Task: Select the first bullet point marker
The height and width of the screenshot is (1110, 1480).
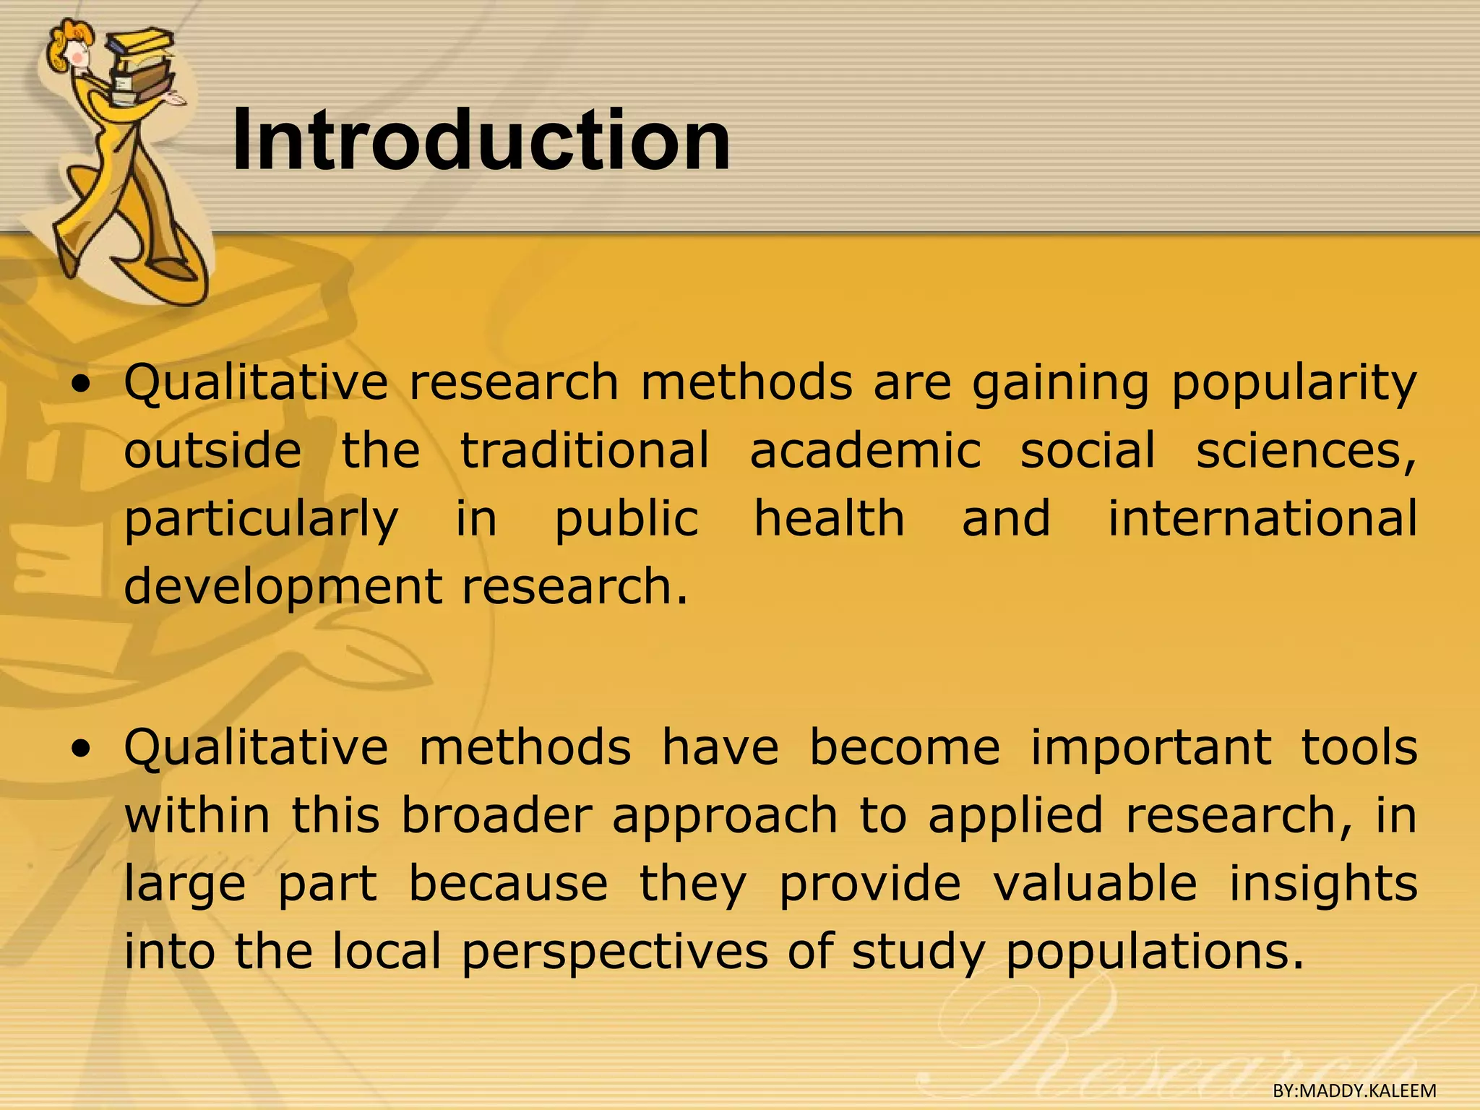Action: tap(85, 385)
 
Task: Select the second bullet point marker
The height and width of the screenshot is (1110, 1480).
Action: tap(85, 750)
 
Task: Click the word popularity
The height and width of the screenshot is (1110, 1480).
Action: tap(1294, 383)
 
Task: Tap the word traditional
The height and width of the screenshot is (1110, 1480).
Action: tap(585, 450)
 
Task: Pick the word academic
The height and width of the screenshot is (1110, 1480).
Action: tap(865, 450)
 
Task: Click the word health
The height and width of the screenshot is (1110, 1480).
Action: tap(829, 518)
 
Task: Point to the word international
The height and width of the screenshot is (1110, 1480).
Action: tap(1262, 518)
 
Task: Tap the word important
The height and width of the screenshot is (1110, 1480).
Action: tap(1150, 747)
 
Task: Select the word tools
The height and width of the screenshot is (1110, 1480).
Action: tap(1359, 747)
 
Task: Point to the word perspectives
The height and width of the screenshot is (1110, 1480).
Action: tap(614, 952)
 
